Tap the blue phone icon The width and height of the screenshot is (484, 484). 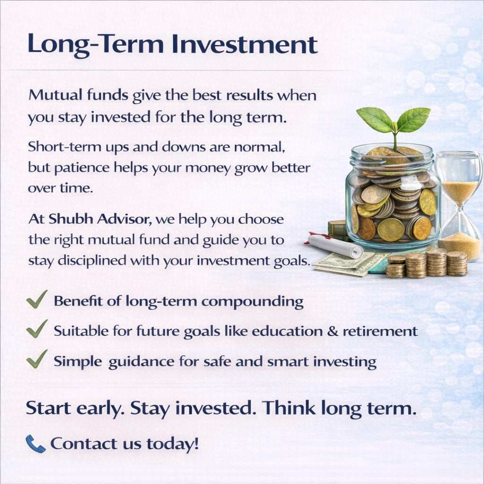click(x=35, y=443)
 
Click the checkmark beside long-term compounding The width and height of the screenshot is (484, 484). click(x=36, y=300)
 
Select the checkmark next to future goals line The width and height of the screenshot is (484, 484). click(x=36, y=329)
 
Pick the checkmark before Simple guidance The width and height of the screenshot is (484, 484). click(x=36, y=360)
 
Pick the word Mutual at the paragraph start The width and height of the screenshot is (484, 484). click(x=52, y=96)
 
